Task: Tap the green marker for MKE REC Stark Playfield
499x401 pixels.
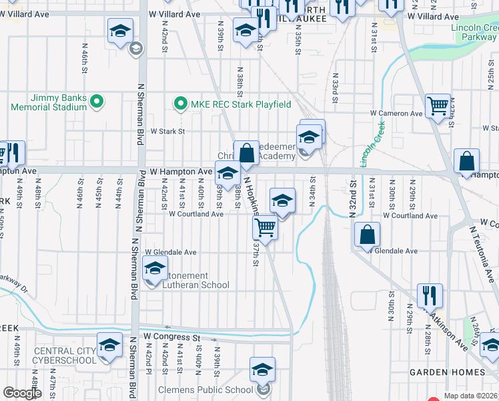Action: [x=179, y=104]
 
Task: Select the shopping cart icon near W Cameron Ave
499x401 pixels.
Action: [x=438, y=106]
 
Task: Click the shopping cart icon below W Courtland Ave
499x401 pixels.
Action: [x=266, y=228]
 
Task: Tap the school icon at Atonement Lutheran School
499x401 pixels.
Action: [x=155, y=269]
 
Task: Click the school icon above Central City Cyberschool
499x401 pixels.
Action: [x=109, y=345]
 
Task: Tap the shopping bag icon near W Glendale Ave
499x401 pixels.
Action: [x=367, y=235]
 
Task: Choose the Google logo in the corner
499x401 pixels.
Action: [x=22, y=393]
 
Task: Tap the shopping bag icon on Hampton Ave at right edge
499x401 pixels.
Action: [x=466, y=161]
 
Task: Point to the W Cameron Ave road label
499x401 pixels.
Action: [x=398, y=114]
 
